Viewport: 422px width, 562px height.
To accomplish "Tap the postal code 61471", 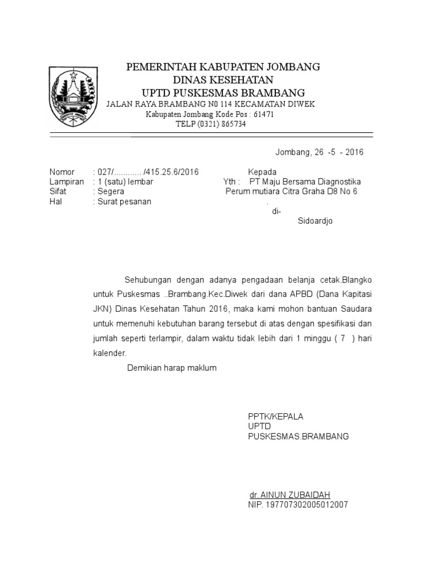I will [263, 114].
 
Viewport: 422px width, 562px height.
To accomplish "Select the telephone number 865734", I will [232, 124].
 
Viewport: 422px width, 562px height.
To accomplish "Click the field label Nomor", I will [62, 172].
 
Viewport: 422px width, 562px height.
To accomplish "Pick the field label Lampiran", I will [66, 182].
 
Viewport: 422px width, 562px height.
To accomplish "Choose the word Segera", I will [110, 192].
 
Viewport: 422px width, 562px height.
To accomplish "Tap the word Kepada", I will [262, 172].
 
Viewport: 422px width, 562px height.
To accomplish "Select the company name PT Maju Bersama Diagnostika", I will [305, 182].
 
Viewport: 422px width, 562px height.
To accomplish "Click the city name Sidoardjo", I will [315, 221].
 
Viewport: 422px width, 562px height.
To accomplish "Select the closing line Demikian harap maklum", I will [172, 368].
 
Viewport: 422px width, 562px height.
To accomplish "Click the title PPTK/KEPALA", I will [275, 417].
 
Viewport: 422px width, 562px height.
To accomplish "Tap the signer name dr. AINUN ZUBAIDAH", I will [290, 494].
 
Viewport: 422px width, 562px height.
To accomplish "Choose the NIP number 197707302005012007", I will [298, 504].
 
